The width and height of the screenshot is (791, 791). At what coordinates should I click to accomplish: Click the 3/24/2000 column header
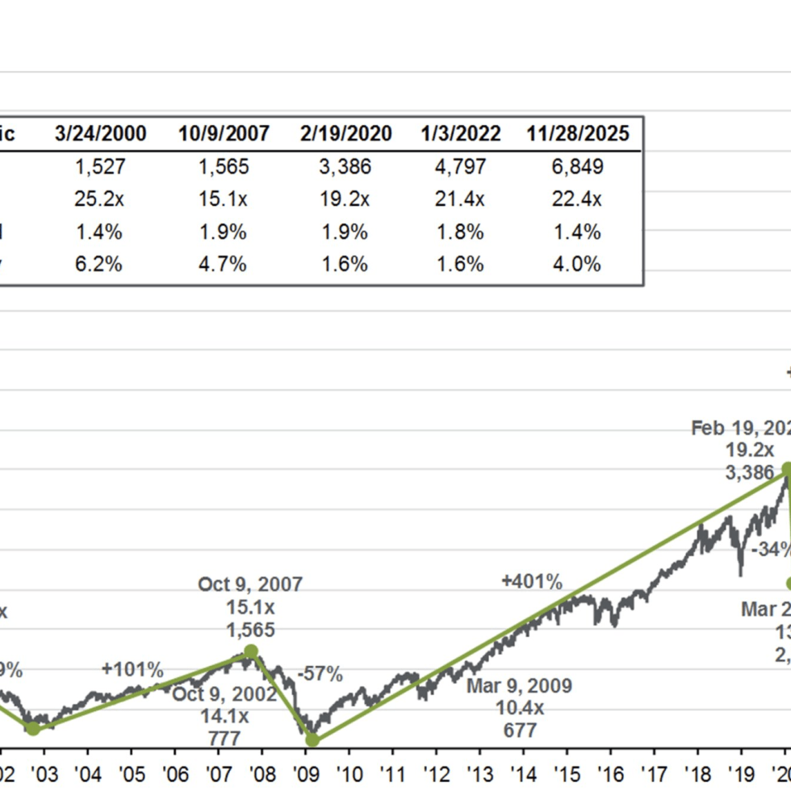point(101,133)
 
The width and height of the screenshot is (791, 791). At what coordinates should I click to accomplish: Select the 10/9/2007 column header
point(224,133)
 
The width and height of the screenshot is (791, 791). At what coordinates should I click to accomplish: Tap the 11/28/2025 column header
point(577,133)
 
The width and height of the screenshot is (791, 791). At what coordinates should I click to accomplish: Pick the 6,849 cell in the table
point(577,167)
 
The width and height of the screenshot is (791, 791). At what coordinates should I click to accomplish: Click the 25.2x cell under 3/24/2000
point(98,199)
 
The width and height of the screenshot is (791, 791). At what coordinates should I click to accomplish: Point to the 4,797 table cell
point(460,167)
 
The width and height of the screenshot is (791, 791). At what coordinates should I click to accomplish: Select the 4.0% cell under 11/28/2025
point(577,264)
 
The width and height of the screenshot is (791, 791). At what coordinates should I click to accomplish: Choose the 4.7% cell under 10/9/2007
point(224,264)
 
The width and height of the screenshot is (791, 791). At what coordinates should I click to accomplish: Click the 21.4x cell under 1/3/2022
point(460,199)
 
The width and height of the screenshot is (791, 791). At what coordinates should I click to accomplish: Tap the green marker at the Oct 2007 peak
point(250,651)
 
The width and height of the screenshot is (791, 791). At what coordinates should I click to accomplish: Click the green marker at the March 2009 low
point(312,739)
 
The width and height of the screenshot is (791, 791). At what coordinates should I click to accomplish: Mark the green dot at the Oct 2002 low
point(32,729)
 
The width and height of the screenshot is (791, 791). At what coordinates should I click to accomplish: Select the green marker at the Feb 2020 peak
point(788,470)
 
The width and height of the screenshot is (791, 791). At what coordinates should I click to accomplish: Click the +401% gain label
point(531,582)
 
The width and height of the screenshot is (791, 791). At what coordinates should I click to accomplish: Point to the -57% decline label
point(320,674)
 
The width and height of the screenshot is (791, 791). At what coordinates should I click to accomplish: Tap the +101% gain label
point(132,669)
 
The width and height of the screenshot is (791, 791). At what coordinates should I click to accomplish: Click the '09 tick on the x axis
point(306,772)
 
